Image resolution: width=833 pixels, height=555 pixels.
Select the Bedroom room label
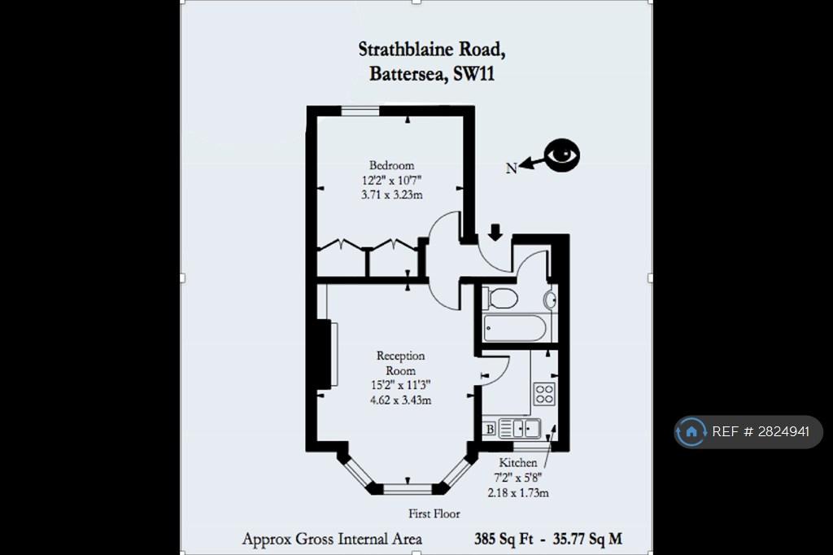tap(391, 165)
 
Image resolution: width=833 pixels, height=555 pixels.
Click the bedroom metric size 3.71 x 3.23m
tap(392, 194)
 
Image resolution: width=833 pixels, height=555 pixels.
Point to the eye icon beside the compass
tap(563, 155)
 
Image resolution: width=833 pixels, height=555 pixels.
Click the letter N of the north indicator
tap(511, 168)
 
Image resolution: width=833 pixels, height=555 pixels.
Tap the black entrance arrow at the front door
tap(495, 232)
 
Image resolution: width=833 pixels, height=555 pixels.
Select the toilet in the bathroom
tap(500, 298)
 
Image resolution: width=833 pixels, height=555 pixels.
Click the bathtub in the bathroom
tap(515, 328)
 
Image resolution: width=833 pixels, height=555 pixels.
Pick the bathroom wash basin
tap(551, 299)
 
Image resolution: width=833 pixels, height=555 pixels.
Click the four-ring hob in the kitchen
tap(544, 394)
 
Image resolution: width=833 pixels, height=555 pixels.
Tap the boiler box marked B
tap(490, 429)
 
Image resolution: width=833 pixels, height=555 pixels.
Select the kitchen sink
tap(520, 428)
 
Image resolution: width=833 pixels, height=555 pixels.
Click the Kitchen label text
tap(518, 462)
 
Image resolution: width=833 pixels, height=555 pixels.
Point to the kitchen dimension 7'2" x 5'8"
tap(518, 478)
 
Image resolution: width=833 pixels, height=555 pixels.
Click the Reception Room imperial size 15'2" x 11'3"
tap(400, 385)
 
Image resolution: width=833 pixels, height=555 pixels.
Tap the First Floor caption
tap(434, 513)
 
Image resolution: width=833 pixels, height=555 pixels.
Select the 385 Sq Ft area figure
tap(504, 539)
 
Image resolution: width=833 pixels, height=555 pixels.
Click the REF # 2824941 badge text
tap(761, 431)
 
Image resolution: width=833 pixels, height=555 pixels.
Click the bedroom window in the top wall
tap(360, 111)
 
